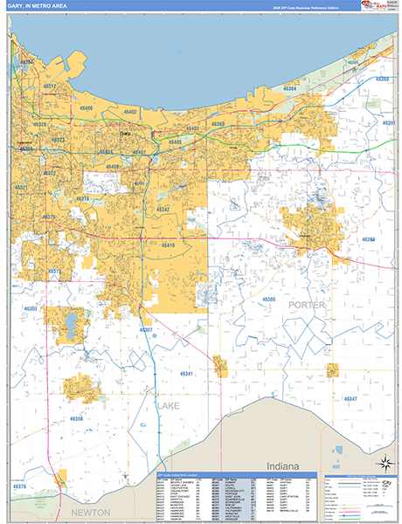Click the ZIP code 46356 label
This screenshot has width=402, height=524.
[x=76, y=419]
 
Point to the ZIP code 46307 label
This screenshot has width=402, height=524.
[x=145, y=330]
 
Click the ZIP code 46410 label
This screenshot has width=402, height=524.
[x=168, y=245]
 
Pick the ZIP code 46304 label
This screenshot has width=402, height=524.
[x=289, y=90]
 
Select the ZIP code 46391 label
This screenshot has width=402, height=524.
[x=389, y=123]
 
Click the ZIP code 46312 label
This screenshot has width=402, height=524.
[x=50, y=86]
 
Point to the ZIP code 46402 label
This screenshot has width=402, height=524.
[x=130, y=113]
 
